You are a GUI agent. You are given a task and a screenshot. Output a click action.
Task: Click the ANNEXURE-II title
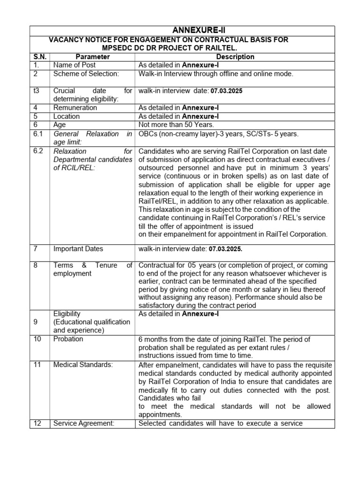point(182,30)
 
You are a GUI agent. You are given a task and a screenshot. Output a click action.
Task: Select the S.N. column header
point(39,57)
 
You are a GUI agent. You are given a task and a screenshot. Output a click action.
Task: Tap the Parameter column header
point(92,57)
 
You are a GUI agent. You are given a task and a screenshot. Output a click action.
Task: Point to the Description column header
point(235,57)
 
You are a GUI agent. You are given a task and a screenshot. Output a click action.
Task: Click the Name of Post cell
point(75,65)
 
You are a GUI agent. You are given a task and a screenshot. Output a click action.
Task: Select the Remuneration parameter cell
point(75,108)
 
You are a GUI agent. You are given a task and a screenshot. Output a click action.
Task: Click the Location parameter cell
point(67,116)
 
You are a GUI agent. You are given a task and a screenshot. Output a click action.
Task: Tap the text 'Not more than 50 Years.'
point(176,125)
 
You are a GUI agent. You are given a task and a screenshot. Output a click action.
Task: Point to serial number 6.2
point(38,151)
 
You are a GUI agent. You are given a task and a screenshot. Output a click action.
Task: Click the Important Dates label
point(78,249)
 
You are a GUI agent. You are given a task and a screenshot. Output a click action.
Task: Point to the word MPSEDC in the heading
point(120,48)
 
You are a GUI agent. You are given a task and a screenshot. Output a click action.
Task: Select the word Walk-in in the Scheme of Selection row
point(151,74)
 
